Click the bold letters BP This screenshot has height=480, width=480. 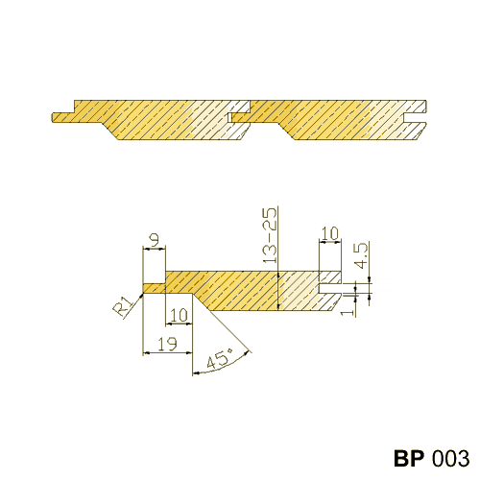[409, 458]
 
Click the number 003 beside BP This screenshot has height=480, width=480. [450, 458]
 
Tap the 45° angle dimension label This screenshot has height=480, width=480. [220, 358]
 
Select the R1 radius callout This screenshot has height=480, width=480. [122, 306]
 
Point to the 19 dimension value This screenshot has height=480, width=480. [167, 344]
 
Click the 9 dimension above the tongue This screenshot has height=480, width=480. [155, 240]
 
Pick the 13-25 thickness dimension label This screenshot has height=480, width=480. [270, 235]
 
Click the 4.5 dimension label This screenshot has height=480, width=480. [363, 255]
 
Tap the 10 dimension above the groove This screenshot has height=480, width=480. [329, 233]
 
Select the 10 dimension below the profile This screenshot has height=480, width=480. [179, 316]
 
